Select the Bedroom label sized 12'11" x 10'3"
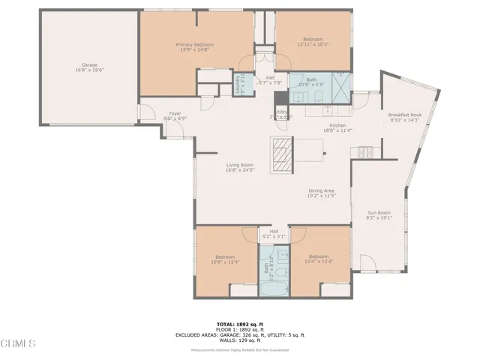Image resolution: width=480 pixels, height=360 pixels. click(313, 42)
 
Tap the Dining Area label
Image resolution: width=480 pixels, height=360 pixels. click(321, 193)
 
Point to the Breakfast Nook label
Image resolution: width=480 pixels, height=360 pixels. click(405, 118)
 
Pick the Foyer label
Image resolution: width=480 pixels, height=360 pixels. click(175, 115)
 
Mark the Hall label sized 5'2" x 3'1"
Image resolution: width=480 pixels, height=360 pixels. click(274, 233)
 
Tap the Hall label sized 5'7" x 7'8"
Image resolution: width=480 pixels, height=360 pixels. click(268, 81)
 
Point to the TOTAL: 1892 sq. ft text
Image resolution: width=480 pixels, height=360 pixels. click(240, 322)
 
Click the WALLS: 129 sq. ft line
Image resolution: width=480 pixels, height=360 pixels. click(240, 340)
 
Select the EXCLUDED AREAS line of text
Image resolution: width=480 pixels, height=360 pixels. click(240, 334)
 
